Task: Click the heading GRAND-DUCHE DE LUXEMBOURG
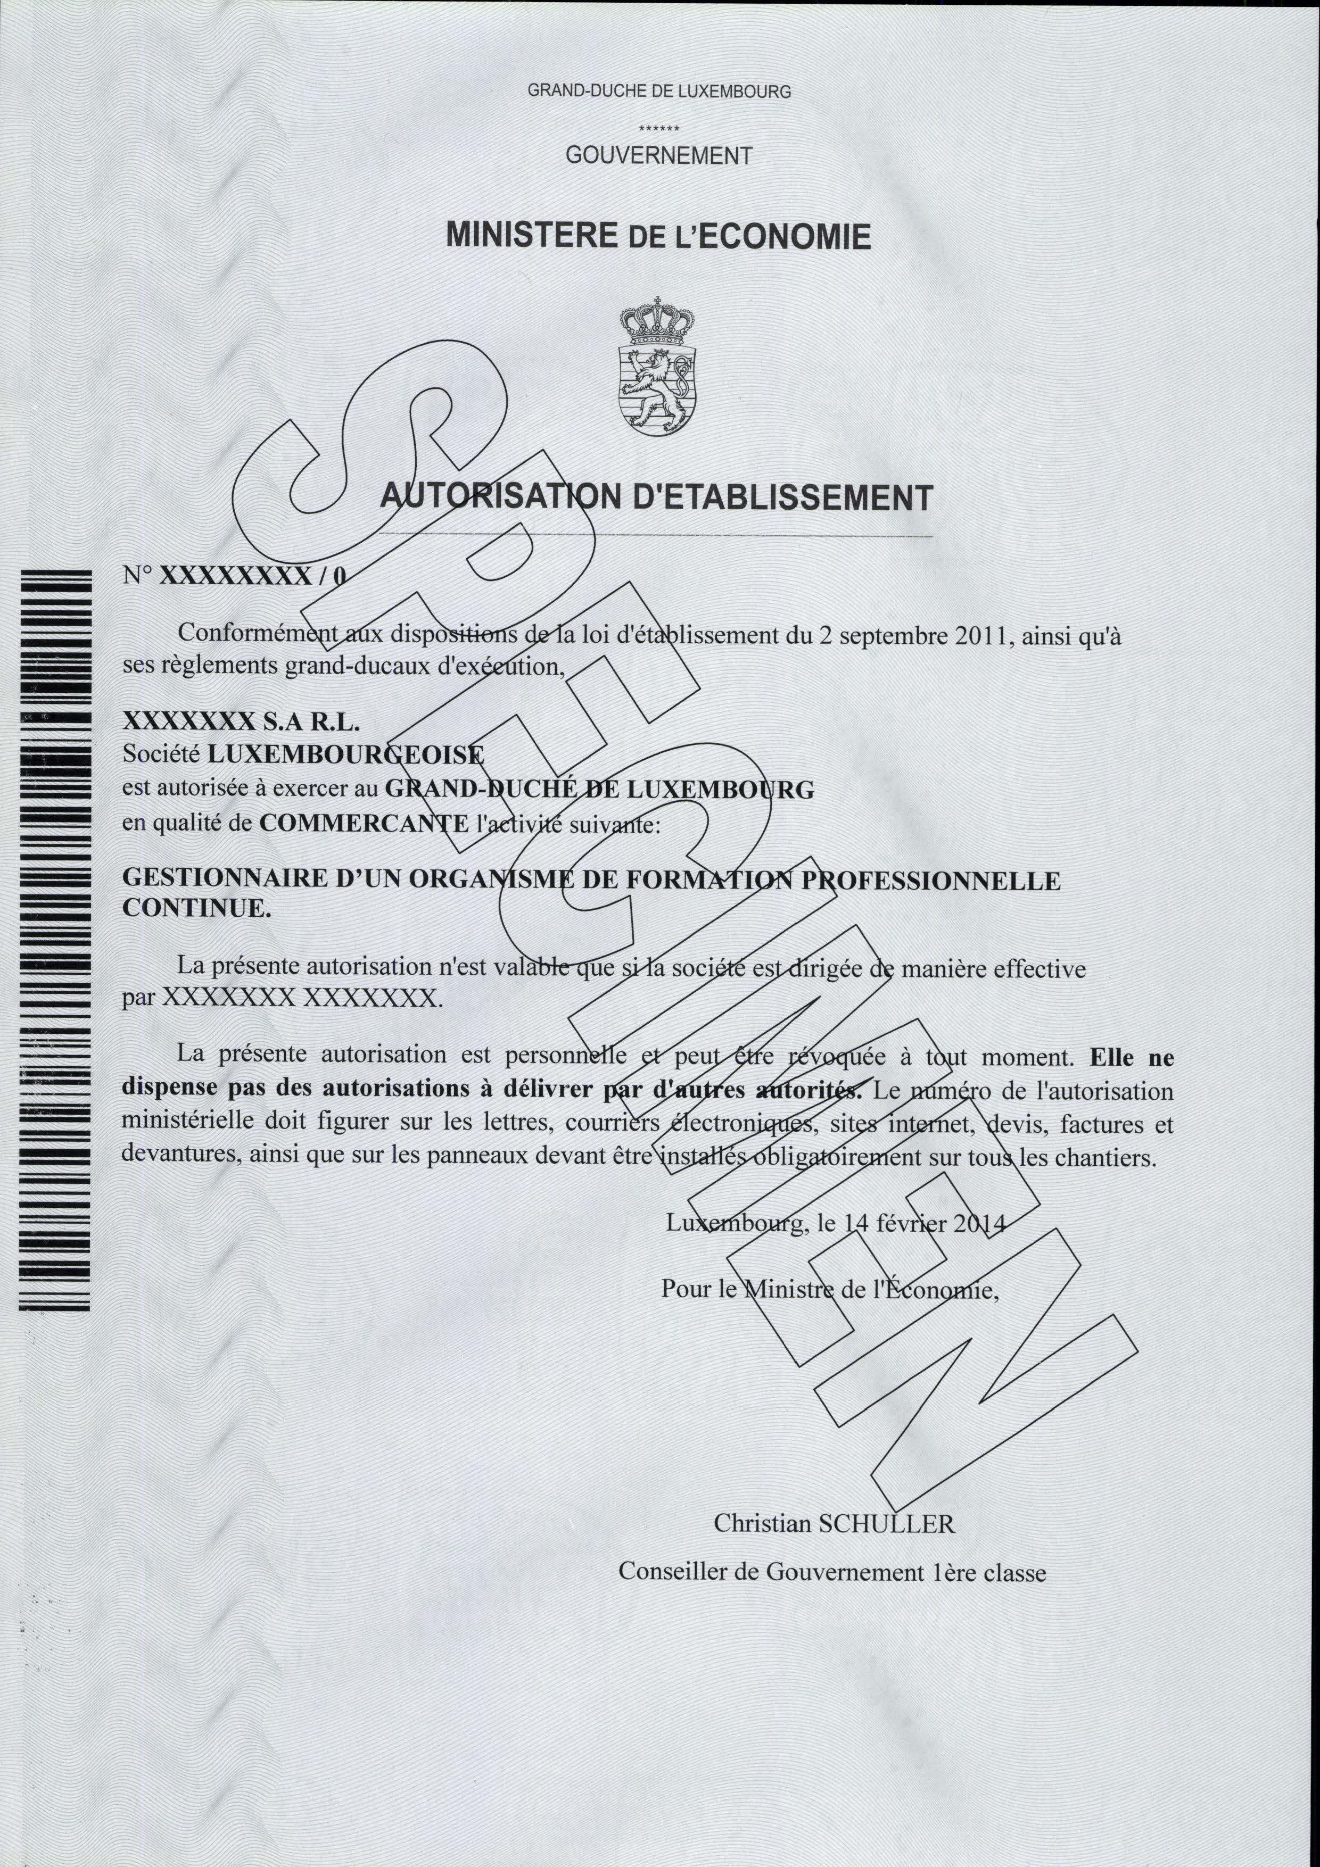[659, 91]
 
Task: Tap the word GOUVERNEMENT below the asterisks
[659, 155]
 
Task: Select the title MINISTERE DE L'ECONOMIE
[659, 236]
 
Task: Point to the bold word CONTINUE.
[196, 908]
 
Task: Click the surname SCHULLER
[887, 1523]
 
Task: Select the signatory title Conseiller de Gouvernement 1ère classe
[832, 1572]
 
